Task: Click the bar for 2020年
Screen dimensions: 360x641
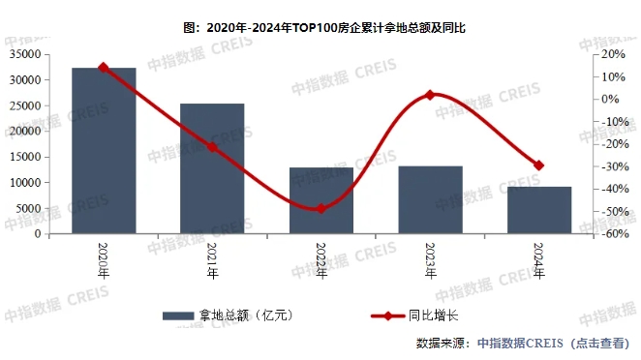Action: [x=104, y=150]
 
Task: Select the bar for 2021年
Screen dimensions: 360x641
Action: [x=212, y=168]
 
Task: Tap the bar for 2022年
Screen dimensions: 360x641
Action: [x=321, y=200]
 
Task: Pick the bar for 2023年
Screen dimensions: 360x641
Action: [x=430, y=199]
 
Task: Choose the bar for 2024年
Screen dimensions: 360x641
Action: [x=539, y=210]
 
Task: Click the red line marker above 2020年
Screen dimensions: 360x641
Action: [x=104, y=68]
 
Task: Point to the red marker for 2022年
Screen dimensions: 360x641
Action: [x=321, y=209]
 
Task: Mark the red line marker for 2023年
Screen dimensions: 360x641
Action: [x=430, y=95]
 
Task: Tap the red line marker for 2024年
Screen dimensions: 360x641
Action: [x=539, y=165]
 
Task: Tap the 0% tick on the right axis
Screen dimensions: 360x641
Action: [x=609, y=99]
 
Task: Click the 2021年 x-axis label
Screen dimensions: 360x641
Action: [x=212, y=259]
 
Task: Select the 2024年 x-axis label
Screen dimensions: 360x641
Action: [x=539, y=259]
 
